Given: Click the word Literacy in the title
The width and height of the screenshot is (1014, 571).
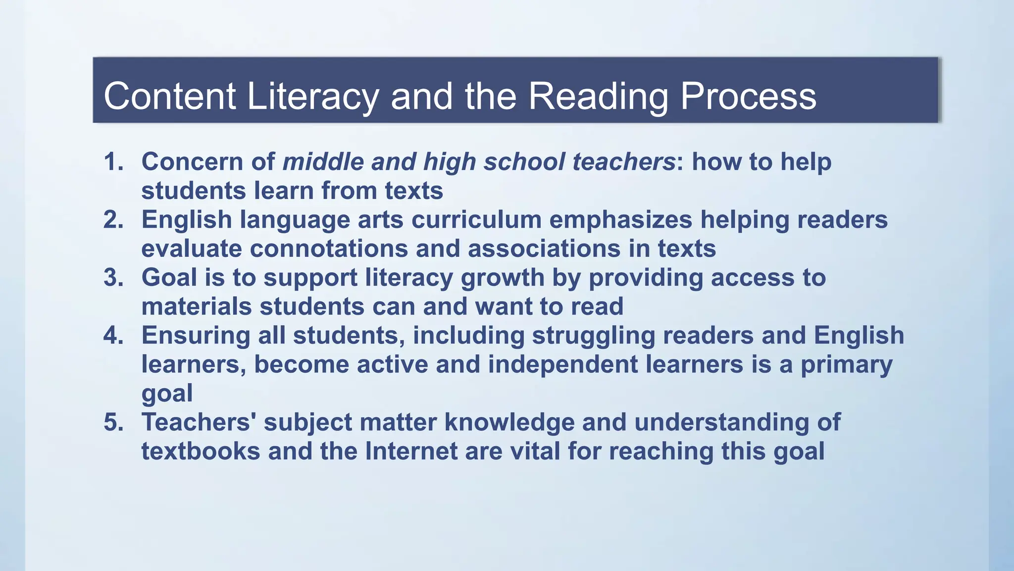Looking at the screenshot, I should pos(312,96).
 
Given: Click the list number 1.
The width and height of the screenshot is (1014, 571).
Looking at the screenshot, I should pos(113,162).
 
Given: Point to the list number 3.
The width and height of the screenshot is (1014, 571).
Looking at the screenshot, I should pos(113,278).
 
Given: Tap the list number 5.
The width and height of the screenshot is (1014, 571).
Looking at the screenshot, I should pos(113,422).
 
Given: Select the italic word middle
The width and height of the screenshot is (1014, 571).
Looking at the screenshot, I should pos(323,162).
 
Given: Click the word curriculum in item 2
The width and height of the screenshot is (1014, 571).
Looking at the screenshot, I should pos(476,220).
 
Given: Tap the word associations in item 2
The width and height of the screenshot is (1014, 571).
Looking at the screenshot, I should pos(544,249).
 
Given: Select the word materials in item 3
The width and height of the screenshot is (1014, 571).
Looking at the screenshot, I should pos(197,307).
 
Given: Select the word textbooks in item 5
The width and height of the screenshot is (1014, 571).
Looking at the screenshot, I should pos(201,452).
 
